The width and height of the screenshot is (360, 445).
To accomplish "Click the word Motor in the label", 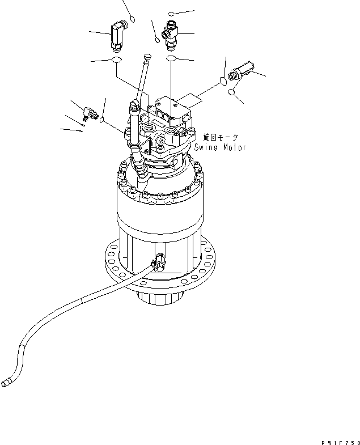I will click(x=234, y=147).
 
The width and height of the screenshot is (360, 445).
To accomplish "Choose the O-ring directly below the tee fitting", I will click(x=171, y=58).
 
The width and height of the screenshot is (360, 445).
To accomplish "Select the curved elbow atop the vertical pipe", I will click(x=134, y=104).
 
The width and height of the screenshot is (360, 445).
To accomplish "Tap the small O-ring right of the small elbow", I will click(x=101, y=120).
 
